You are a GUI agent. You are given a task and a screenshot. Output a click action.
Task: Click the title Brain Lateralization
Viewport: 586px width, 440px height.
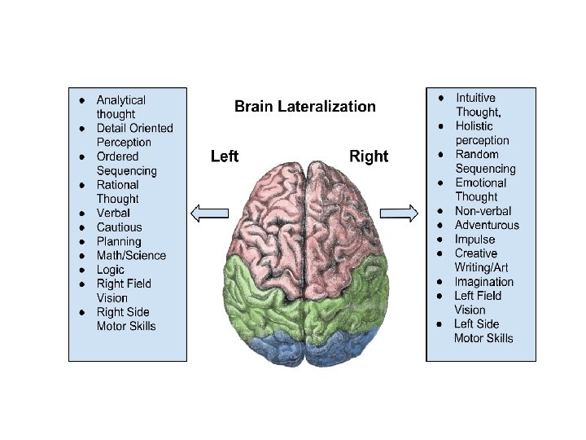pos(305,106)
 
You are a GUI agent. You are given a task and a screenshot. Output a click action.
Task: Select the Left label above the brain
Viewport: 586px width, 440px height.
pos(224,156)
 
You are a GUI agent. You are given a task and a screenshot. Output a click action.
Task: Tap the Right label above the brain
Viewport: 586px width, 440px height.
pos(369,156)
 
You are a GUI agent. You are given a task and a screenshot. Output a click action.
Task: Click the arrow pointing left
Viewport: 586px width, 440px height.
pos(208,213)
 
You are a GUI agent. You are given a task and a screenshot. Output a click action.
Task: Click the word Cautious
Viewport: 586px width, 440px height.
pos(119,227)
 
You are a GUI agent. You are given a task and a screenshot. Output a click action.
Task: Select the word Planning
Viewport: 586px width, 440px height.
pos(119,241)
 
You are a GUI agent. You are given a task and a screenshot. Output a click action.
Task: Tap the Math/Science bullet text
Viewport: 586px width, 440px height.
pos(131,255)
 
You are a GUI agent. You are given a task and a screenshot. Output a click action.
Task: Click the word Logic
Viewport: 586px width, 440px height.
pos(111,270)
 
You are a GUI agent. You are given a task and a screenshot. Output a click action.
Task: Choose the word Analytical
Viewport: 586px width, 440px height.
pos(121,99)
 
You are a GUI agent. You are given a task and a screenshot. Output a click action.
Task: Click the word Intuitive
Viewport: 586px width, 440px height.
pos(475,98)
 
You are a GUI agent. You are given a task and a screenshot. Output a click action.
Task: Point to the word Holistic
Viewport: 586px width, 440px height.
pos(474,126)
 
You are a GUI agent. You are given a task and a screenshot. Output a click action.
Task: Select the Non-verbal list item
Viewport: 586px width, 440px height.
pos(483,211)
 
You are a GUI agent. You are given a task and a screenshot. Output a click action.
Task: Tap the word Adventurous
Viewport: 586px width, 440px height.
pos(487,225)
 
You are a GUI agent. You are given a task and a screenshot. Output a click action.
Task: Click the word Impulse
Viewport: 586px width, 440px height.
pos(475,240)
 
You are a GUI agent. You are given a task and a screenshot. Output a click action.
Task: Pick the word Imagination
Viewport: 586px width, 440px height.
pos(484,282)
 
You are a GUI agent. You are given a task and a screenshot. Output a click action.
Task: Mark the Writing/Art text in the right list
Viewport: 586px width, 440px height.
pos(482,267)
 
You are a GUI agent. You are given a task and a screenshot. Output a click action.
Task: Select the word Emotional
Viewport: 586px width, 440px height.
pos(481,183)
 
